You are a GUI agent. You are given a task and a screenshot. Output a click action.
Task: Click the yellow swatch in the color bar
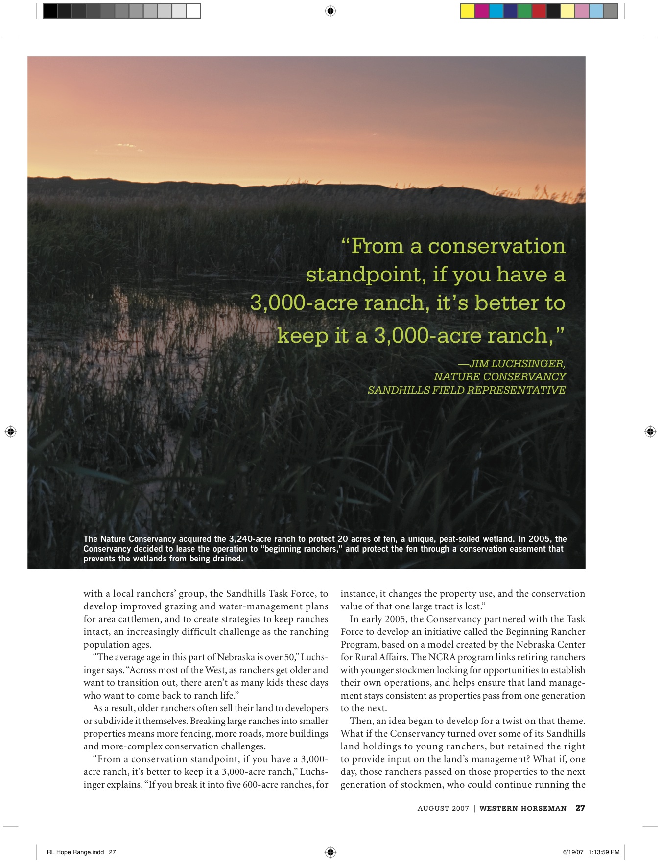pyautogui.click(x=468, y=11)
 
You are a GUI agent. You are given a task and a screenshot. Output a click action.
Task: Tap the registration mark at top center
pyautogui.click(x=330, y=11)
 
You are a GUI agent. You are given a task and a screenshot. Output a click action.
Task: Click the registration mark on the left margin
pyautogui.click(x=10, y=431)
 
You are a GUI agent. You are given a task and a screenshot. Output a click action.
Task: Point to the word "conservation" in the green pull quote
pyautogui.click(x=496, y=246)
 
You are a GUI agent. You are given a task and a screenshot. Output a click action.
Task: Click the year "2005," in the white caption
pyautogui.click(x=540, y=539)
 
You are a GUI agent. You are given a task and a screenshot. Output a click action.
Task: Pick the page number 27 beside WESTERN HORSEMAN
pyautogui.click(x=580, y=808)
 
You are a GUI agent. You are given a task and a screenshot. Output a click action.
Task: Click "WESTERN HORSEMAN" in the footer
pyautogui.click(x=523, y=808)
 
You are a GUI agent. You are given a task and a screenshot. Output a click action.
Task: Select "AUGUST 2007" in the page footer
pyautogui.click(x=443, y=808)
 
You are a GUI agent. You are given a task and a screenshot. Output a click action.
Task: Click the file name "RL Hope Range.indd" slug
pyautogui.click(x=75, y=852)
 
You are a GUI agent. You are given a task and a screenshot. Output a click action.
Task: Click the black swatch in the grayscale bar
pyautogui.click(x=50, y=11)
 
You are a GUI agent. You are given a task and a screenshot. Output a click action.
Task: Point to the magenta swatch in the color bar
pyautogui.click(x=482, y=11)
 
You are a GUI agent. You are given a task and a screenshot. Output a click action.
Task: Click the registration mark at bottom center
pyautogui.click(x=330, y=852)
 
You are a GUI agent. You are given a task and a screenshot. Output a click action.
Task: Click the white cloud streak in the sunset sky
pyautogui.click(x=126, y=145)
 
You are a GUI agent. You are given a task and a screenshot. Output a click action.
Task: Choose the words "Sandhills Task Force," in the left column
pyautogui.click(x=269, y=594)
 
